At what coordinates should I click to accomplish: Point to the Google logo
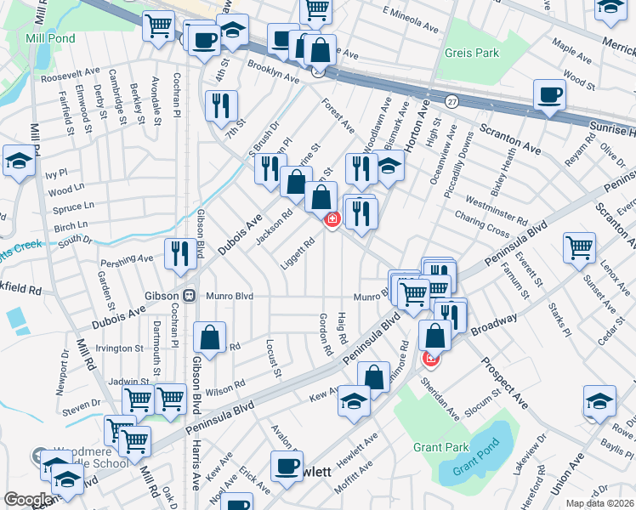coord(27,500)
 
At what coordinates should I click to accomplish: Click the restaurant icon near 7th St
coord(220,105)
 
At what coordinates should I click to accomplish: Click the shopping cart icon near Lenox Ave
coord(578,247)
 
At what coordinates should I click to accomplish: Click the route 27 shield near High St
coord(451,101)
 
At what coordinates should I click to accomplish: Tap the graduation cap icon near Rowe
coord(598,399)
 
